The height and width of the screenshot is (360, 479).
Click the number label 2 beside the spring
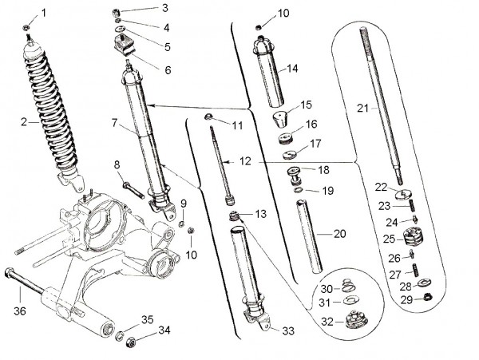click(25, 121)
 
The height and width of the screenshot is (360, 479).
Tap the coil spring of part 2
click(53, 112)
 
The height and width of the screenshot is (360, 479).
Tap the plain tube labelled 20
click(311, 239)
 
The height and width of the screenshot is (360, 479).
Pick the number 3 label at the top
click(164, 8)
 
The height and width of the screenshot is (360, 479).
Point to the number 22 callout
click(382, 187)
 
